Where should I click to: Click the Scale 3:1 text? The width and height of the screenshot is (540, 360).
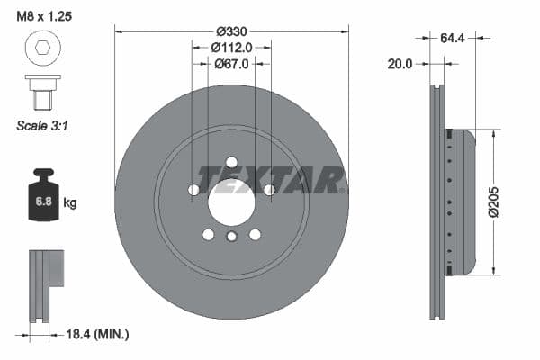[42, 126]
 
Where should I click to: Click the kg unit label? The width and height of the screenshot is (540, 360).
[70, 203]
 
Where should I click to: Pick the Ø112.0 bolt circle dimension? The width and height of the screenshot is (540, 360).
[231, 47]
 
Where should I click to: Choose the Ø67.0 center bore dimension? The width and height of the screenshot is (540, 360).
[231, 63]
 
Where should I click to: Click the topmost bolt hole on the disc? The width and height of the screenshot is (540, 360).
[231, 163]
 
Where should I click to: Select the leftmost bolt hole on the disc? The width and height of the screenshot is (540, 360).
[193, 190]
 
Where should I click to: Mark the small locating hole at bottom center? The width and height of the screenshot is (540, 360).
[231, 237]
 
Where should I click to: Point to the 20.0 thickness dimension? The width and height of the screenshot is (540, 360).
[400, 64]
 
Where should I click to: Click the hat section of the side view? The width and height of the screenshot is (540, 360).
[462, 202]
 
